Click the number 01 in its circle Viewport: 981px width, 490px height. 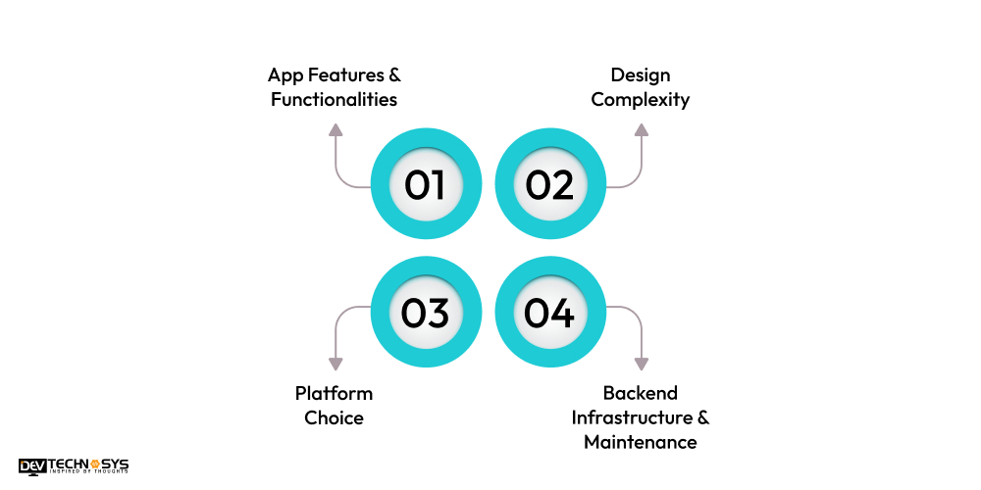click(x=425, y=185)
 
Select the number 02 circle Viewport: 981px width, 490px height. click(x=549, y=185)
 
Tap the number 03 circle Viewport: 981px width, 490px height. click(x=425, y=313)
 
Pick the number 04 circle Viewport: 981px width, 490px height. click(x=549, y=313)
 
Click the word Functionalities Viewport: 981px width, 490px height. click(x=335, y=99)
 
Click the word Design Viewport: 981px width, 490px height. click(x=641, y=74)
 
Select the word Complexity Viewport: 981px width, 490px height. click(x=641, y=99)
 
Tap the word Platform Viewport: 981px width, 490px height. click(x=334, y=393)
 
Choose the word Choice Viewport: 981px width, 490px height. click(x=334, y=417)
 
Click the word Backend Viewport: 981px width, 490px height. click(x=641, y=393)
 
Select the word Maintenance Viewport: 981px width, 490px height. click(x=641, y=442)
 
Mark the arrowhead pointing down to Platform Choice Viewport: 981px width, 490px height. click(x=336, y=364)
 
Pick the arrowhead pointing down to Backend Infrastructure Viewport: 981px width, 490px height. click(x=642, y=364)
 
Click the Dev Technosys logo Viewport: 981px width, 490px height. click(x=74, y=466)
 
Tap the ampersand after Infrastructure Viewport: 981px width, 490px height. click(x=702, y=417)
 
